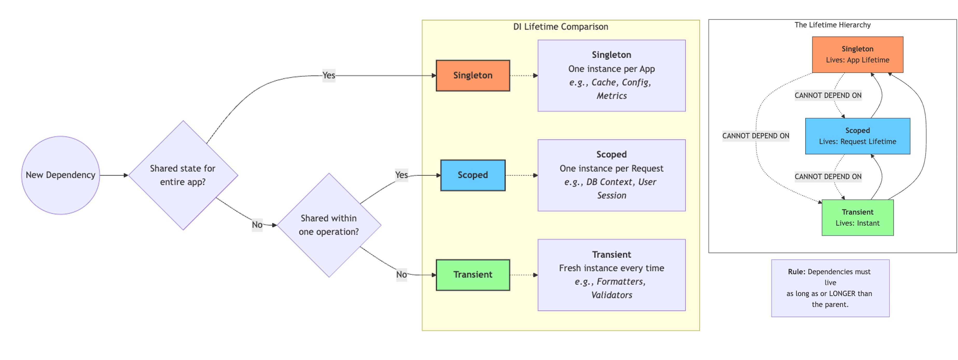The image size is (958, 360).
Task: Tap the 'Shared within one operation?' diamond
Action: (x=329, y=225)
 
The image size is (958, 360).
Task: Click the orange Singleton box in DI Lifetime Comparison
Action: (x=473, y=75)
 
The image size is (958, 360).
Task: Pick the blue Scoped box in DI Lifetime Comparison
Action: (x=473, y=175)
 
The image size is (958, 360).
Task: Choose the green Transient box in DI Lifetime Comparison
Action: (x=473, y=275)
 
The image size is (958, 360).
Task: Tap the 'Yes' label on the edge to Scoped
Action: (x=401, y=175)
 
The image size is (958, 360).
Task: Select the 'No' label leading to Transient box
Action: (x=401, y=274)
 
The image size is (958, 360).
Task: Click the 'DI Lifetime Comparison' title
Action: (x=560, y=27)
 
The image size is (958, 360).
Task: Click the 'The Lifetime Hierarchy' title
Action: (x=832, y=25)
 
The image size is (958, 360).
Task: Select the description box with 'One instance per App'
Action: (x=612, y=75)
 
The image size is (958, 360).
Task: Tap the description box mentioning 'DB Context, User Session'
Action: (x=612, y=175)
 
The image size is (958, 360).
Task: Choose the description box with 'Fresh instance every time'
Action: (x=612, y=275)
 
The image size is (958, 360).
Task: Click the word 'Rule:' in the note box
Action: (x=796, y=272)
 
